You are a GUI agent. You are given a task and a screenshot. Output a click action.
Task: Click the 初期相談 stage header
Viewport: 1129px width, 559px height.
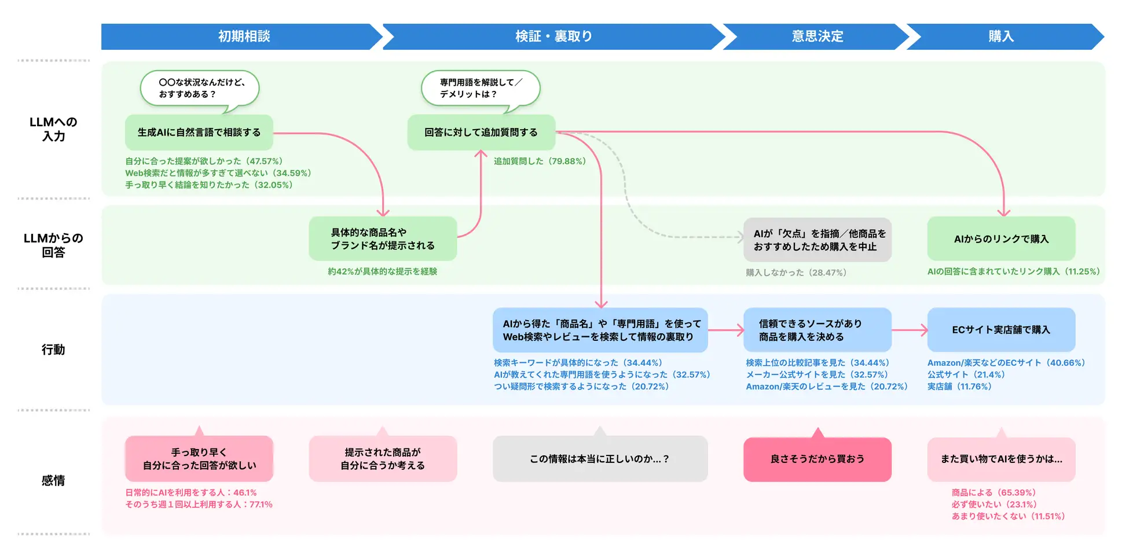coord(243,36)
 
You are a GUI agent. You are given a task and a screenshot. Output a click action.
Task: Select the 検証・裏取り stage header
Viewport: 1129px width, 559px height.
coord(553,36)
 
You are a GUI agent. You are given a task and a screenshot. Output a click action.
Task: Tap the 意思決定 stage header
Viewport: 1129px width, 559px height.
coord(817,36)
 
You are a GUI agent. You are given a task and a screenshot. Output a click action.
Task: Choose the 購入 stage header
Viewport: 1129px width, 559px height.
coord(1000,36)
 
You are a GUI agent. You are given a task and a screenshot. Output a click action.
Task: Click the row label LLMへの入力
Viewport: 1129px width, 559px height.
coord(53,129)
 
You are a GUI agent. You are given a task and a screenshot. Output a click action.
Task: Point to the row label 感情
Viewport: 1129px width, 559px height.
coord(53,480)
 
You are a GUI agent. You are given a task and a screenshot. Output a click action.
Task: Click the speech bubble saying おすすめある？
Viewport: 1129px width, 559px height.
coord(200,89)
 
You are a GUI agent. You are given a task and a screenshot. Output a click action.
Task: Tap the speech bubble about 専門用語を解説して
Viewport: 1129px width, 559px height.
coord(481,89)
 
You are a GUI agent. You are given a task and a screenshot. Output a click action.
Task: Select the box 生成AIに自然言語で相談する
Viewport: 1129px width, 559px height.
coord(199,133)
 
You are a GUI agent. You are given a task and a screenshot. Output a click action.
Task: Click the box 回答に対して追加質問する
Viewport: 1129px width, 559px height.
coord(481,133)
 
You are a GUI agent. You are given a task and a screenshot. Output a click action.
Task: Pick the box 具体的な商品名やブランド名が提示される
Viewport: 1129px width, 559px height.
coord(382,238)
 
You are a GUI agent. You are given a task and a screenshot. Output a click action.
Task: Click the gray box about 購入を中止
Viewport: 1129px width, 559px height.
coord(817,240)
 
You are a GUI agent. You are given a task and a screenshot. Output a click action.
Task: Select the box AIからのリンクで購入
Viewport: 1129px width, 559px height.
coord(1000,238)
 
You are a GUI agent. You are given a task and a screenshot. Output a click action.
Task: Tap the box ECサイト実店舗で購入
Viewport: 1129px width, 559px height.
coord(1000,330)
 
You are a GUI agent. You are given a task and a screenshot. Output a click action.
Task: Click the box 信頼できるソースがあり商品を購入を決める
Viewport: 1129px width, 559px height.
coord(817,330)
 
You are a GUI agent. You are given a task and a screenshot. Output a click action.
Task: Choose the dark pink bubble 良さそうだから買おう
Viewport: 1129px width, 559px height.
coord(817,459)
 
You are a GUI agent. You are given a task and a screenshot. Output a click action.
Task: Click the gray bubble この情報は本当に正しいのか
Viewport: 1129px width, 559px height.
coord(600,459)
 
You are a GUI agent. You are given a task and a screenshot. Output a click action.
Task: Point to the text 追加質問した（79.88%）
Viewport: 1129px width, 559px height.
coord(540,161)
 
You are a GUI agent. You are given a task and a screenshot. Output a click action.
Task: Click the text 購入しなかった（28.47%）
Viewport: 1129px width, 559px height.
coord(796,273)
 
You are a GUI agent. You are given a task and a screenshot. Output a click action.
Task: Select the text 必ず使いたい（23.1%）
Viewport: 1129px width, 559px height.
coord(994,505)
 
